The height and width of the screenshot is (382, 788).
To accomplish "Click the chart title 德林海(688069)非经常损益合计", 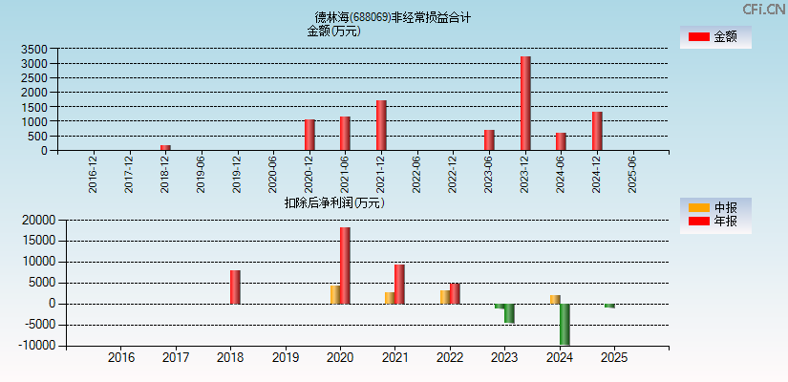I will point(393,17).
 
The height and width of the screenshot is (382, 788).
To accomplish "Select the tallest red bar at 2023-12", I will point(525,103).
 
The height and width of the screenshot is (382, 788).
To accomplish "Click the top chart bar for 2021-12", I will point(381,125).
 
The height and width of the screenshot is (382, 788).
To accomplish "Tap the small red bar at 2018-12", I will point(165,147).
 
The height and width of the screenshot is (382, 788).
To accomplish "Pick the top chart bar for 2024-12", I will point(597,131).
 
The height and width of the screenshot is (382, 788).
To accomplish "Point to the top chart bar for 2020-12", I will point(309,135).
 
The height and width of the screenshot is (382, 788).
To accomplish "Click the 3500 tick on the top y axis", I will point(33,49).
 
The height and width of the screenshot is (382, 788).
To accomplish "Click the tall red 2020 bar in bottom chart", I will point(345,265).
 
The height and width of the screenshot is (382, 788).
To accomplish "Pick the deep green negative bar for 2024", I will point(564,324).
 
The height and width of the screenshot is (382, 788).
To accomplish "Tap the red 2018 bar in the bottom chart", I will point(235,286).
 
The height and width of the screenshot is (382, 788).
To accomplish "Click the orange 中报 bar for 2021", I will point(390,298).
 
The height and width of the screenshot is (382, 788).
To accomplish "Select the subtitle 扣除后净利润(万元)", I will point(333,202).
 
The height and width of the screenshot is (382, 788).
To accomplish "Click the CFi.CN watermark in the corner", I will point(763,9).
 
